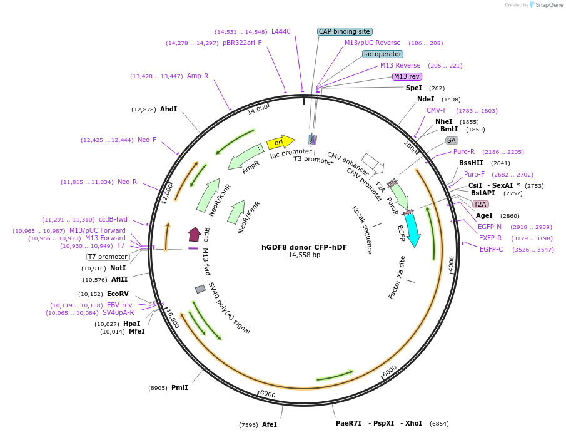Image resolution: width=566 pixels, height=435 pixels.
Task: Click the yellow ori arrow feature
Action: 280,142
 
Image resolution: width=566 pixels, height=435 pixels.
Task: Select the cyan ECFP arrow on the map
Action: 413,229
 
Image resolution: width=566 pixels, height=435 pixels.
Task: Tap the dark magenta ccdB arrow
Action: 194,234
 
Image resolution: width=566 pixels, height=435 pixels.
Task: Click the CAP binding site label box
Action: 345,31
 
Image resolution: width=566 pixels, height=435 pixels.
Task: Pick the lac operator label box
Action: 383,54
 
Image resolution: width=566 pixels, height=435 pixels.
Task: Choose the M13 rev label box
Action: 406,76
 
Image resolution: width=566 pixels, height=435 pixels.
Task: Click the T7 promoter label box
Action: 108,257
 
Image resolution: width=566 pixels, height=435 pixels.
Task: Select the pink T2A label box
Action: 480,204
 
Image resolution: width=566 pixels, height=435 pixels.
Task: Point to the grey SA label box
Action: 452,140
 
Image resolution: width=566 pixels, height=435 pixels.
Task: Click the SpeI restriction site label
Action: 414,88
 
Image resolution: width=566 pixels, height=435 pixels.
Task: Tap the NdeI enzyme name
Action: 425,99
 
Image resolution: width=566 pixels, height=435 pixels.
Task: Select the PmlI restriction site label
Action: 179,387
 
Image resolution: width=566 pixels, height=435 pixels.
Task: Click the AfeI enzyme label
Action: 269,424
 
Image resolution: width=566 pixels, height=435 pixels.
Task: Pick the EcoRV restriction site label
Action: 118,294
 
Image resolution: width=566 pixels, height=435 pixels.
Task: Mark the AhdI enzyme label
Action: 168,109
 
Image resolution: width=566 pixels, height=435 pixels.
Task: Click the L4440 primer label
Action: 281,31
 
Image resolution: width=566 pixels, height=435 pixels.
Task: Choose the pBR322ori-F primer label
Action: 242,43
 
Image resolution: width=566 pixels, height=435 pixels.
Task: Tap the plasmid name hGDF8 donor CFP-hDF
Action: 304,247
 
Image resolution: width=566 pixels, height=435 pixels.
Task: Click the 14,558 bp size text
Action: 304,255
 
